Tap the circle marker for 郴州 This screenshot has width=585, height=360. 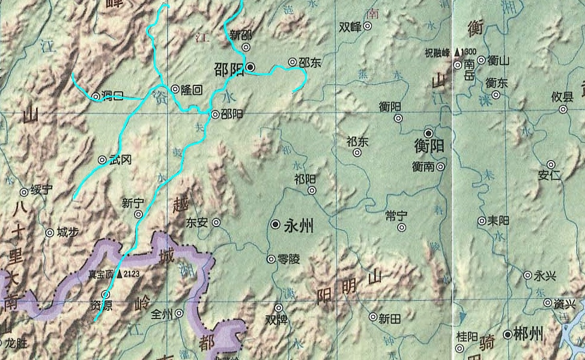pos(508,334)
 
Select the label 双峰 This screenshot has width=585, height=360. pos(350,26)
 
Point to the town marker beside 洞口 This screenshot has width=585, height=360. pos(95,96)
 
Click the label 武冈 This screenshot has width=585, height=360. pos(120,160)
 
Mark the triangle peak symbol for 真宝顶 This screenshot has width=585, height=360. pos(120,274)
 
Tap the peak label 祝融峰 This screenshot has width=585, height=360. pos(437,52)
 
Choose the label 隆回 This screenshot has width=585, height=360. pos(192,89)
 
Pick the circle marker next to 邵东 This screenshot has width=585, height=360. pos(292,62)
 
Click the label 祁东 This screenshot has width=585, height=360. pos(357,142)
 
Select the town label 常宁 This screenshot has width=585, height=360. pos(397,215)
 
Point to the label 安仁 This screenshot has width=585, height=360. pos(550,175)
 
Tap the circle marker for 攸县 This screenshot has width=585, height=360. pos(563,109)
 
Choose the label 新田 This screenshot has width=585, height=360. pos(389,317)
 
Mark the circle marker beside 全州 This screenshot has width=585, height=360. pos(179,314)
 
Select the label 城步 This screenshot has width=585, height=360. pos(67,232)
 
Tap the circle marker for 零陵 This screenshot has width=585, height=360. pos(271,259)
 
